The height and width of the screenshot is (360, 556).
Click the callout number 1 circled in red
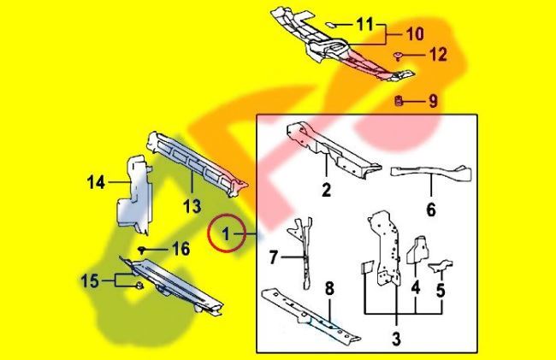coord(227,233)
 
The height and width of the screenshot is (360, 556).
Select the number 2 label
coord(326,191)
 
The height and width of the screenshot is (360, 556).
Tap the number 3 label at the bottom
coord(395,338)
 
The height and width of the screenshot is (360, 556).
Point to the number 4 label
coord(415,288)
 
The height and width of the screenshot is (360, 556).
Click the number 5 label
coord(441,289)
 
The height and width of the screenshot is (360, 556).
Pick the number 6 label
coord(430,210)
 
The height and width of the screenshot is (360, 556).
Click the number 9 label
coord(433,102)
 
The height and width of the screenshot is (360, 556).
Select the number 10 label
coord(414,36)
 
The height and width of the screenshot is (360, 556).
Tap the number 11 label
coord(365,25)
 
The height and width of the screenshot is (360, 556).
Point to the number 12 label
coord(437,56)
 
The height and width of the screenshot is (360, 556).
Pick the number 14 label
coord(96,181)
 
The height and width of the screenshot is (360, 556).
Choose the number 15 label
coord(91,280)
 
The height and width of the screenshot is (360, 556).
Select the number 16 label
coord(180,249)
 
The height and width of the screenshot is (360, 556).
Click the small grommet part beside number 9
coord(399,102)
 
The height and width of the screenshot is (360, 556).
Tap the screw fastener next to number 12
coord(399,56)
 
